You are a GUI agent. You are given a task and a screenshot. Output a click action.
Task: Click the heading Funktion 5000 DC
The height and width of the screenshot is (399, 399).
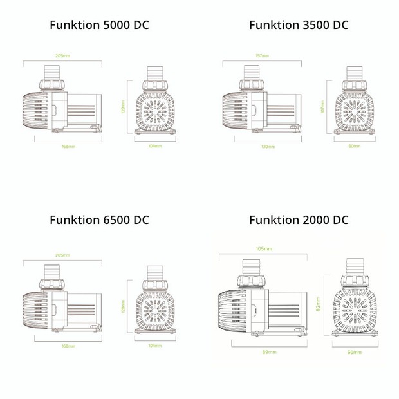99,25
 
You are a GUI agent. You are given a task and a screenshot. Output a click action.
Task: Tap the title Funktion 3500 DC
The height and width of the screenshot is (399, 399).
299,25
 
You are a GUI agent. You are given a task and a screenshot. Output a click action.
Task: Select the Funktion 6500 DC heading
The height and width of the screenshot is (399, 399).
99,220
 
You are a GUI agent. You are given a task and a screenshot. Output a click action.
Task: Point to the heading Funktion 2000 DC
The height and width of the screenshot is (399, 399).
299,220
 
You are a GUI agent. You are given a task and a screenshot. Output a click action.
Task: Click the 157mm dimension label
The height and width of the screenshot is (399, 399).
261,55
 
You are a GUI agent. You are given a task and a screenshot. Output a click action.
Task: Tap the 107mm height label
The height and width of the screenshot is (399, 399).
321,107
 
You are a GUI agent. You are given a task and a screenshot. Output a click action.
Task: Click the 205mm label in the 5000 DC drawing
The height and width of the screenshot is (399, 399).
62,55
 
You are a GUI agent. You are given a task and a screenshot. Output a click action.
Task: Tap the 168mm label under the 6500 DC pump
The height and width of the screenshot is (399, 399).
68,346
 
